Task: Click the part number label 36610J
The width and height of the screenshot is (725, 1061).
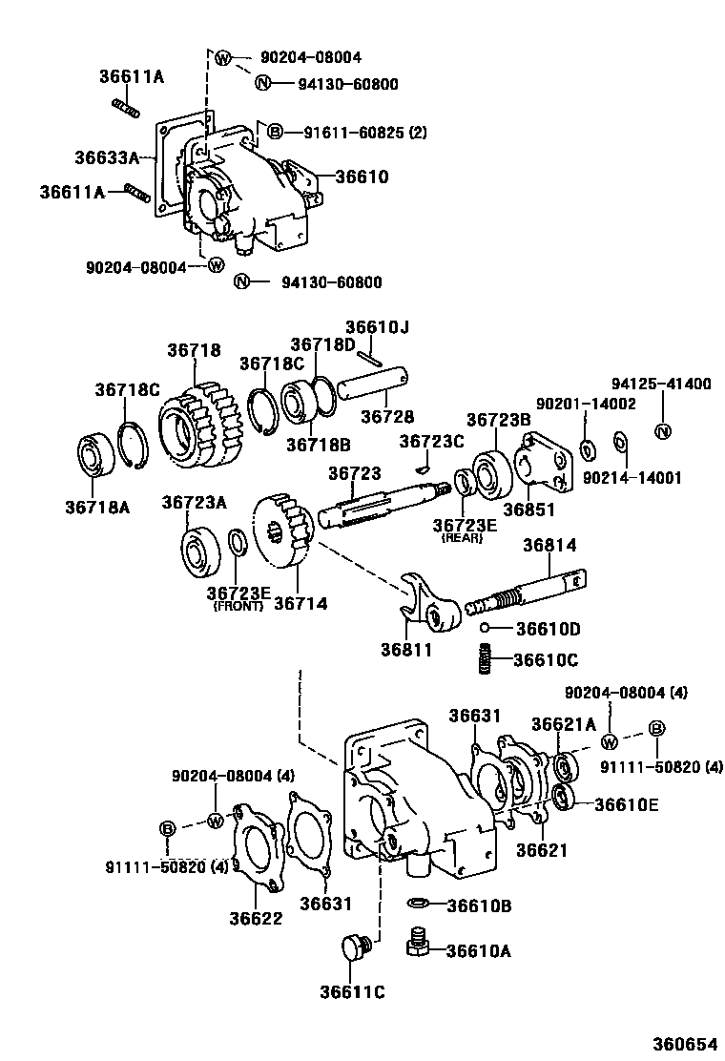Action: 377,328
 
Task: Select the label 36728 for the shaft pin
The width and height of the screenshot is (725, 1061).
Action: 386,417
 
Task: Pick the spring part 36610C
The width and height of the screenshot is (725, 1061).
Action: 487,658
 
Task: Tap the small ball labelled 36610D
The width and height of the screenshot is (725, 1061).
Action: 485,628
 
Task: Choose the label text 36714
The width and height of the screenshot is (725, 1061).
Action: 300,603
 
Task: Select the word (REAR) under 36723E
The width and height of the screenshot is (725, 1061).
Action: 463,538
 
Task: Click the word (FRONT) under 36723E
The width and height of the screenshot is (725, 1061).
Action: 238,606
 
